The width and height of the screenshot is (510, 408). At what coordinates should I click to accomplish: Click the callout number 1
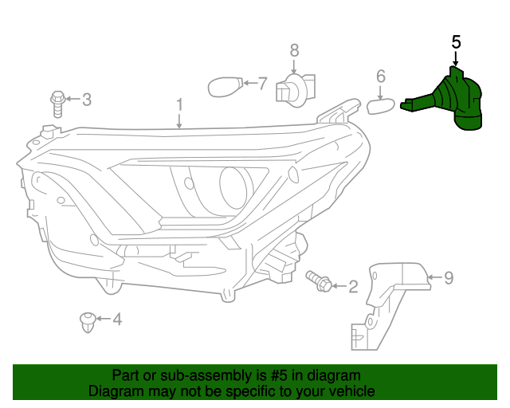(x=179, y=104)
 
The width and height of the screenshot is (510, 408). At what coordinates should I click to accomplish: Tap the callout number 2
(x=352, y=285)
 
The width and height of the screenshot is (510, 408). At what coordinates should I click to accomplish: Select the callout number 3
(x=87, y=100)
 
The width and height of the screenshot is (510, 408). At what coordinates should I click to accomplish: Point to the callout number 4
(x=117, y=320)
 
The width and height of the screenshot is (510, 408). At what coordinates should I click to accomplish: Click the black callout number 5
(x=456, y=41)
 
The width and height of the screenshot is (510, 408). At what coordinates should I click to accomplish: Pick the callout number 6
(x=381, y=76)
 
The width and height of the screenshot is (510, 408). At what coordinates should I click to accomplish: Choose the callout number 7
(x=262, y=82)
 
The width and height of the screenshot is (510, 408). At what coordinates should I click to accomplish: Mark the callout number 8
(x=294, y=50)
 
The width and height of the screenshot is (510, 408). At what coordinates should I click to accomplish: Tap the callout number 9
(x=449, y=278)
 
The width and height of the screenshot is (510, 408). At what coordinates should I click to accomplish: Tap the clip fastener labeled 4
(x=87, y=322)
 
